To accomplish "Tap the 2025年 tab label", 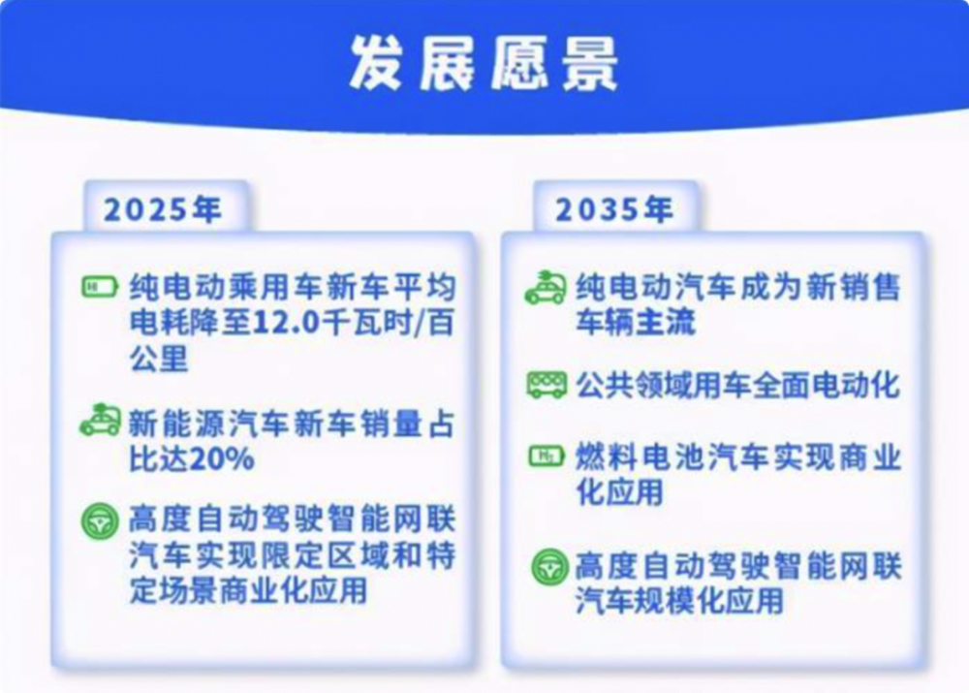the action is tap(163, 209).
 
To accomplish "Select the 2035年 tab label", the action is tap(613, 209).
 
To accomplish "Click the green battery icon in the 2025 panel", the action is tap(100, 287).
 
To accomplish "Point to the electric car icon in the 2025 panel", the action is tap(100, 420).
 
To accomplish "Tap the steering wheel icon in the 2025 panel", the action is tap(100, 521).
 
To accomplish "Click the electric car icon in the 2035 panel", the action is tap(546, 288).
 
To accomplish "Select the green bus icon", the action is tap(547, 385).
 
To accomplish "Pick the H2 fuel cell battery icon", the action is tap(547, 457).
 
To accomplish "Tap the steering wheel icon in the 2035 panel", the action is tap(549, 567).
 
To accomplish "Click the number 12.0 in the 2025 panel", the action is tap(284, 323).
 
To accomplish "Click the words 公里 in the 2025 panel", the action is tap(159, 358).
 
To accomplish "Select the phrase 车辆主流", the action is tap(636, 322).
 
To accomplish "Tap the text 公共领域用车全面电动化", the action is tap(737, 386).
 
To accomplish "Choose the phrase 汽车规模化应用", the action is tap(680, 600).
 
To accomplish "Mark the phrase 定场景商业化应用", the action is tap(248, 589).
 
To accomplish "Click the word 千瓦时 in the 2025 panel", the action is tap(365, 323).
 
